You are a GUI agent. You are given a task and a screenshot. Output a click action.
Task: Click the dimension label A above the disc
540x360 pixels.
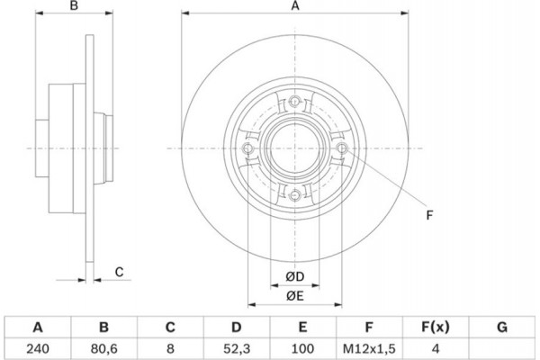(293, 8)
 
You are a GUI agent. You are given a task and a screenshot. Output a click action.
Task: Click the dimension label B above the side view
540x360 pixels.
(76, 8)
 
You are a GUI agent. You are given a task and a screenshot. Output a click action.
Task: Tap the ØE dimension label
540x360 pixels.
(294, 295)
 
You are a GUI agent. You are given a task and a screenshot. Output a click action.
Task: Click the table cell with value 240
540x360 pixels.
(37, 346)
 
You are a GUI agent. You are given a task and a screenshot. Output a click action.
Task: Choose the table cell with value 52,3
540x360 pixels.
(236, 346)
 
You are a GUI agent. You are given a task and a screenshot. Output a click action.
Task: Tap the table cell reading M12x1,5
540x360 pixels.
(369, 346)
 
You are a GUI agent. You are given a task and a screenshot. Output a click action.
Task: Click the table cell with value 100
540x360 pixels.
(302, 346)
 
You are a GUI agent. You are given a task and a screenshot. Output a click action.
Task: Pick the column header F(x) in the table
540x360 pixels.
(436, 327)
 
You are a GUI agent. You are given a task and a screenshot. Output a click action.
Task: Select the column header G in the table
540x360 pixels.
(501, 327)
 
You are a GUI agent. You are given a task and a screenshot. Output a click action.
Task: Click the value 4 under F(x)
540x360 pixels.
(436, 346)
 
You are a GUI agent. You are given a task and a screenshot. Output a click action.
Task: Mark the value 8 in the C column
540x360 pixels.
(169, 346)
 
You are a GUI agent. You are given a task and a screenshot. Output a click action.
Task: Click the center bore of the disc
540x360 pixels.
(294, 147)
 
